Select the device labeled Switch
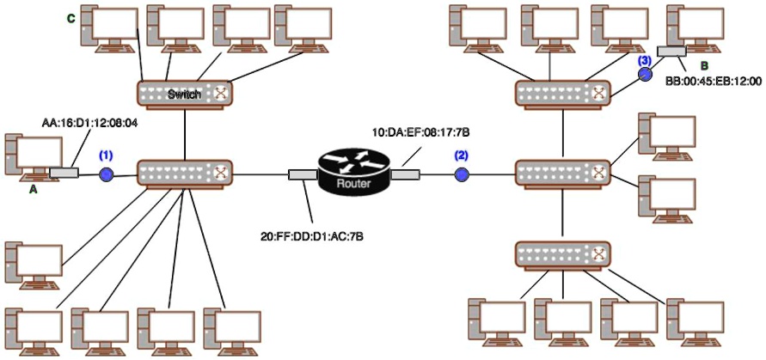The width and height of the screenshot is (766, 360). (x=185, y=94)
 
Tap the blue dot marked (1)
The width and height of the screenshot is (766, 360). (x=107, y=174)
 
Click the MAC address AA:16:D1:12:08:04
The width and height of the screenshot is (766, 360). (x=90, y=125)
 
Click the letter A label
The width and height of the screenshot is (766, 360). (x=33, y=191)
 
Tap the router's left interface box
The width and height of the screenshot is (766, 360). (x=302, y=175)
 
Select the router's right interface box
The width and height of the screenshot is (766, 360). (x=405, y=175)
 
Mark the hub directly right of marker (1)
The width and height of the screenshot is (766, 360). (x=185, y=174)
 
